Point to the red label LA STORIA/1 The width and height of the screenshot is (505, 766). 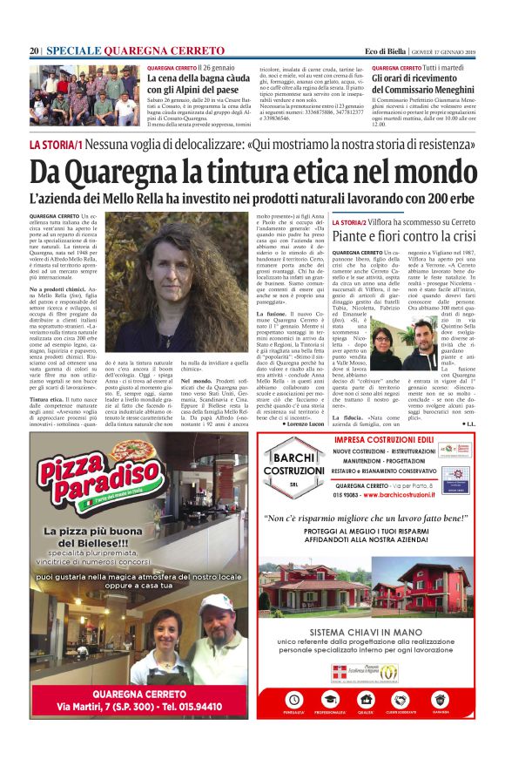click(56, 144)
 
